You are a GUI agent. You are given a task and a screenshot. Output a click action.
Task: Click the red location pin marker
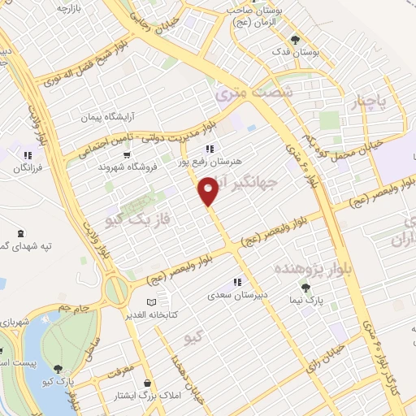(x=209, y=191)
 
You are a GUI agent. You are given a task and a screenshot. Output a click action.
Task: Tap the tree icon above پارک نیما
(x=306, y=288)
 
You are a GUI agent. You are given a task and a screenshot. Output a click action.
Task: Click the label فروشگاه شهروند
(x=127, y=167)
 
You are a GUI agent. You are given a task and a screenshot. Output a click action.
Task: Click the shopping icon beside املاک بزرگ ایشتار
(x=145, y=383)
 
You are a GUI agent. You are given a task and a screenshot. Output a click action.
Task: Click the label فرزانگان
(x=28, y=167)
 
